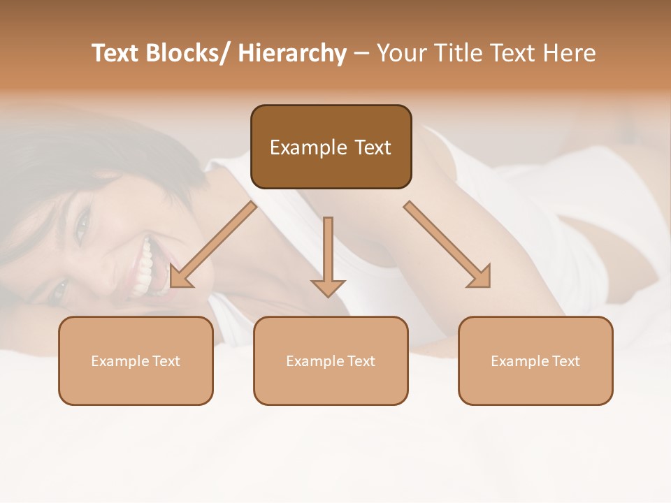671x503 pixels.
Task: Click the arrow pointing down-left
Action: pyautogui.click(x=213, y=245)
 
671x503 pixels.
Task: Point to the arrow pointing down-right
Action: pyautogui.click(x=447, y=245)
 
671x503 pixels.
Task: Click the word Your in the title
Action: pyautogui.click(x=400, y=53)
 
